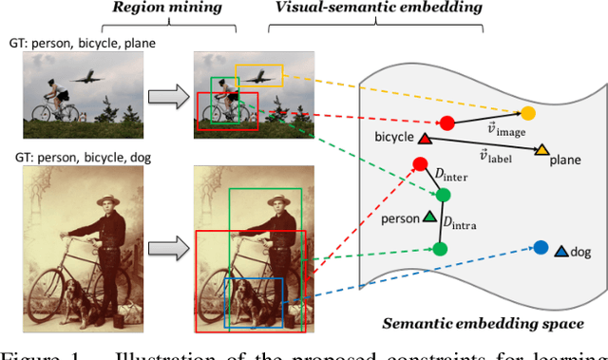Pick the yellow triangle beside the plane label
coord(541,150)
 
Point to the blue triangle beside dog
coord(561,252)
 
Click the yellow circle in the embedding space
coord(528,113)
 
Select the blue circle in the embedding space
coord(540,248)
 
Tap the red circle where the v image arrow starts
coord(446,123)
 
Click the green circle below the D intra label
coord(440,250)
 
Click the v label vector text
coord(492,155)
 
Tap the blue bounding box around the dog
coord(254,301)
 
